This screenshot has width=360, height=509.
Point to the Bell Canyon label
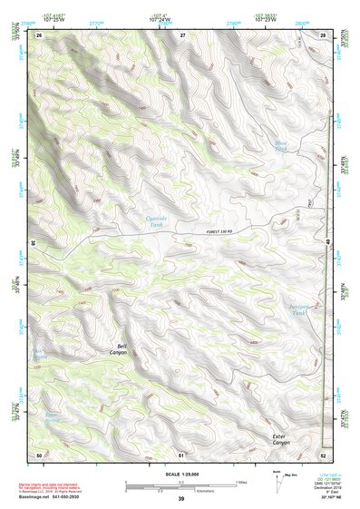(120, 347)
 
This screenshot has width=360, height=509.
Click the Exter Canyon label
(285, 440)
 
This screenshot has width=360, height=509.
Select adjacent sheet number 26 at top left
(39, 34)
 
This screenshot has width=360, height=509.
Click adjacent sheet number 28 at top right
(323, 34)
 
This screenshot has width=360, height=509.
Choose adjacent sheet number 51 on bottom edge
(181, 454)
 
